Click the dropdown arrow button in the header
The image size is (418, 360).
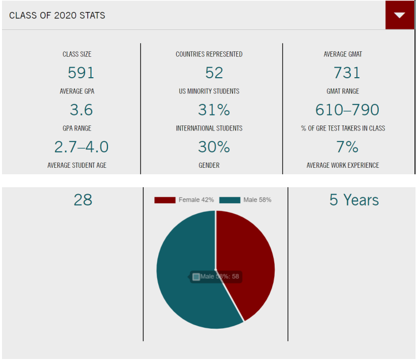[x=400, y=15]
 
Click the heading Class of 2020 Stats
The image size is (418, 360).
[x=57, y=15]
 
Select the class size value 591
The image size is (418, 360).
[x=81, y=73]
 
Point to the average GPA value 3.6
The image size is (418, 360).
[x=81, y=110]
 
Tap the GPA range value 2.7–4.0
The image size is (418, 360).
[x=81, y=147]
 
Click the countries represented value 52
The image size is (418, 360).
[x=214, y=73]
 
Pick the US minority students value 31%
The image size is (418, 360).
[x=214, y=110]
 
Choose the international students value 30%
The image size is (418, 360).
[x=214, y=147]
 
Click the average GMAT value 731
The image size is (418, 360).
[x=347, y=73]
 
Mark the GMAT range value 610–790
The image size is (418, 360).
[x=347, y=110]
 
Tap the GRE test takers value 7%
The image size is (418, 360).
[x=347, y=147]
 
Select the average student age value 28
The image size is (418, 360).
[x=83, y=200]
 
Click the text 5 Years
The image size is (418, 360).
[x=354, y=200]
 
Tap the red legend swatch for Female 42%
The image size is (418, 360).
[x=165, y=200]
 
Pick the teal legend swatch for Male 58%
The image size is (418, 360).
[x=229, y=200]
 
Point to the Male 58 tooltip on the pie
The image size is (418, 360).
[x=216, y=277]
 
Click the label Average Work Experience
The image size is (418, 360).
[x=343, y=165]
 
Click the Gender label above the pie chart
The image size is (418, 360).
[x=209, y=165]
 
